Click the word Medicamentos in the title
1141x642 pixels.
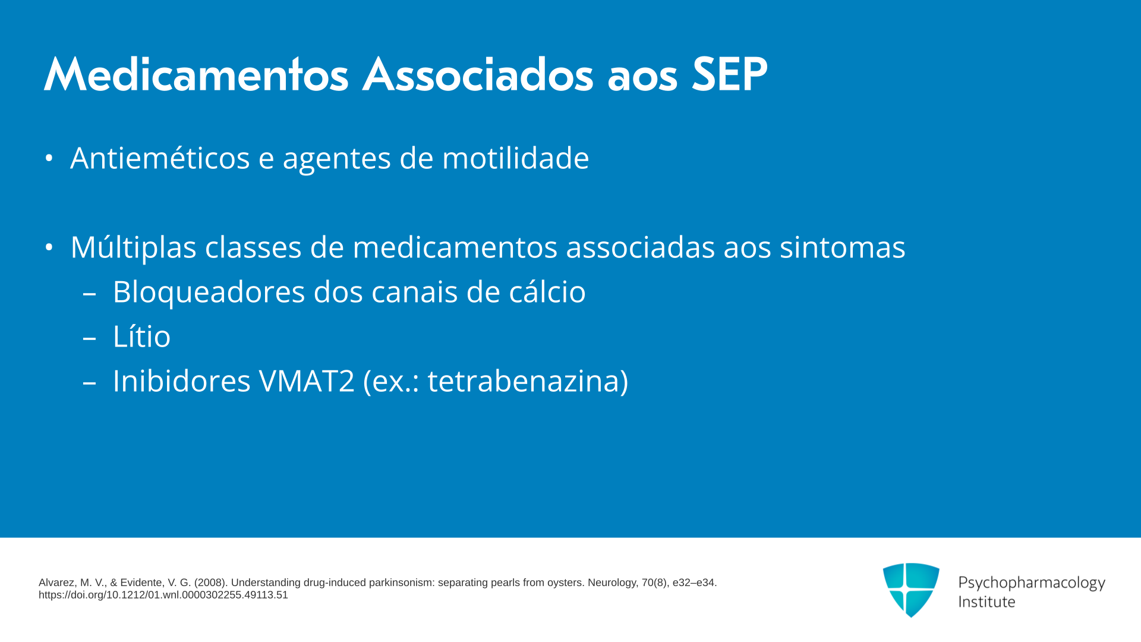pyautogui.click(x=196, y=75)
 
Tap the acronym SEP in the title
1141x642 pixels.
pyautogui.click(x=730, y=75)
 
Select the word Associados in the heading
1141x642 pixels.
pyautogui.click(x=478, y=75)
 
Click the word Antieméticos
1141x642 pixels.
pyautogui.click(x=160, y=158)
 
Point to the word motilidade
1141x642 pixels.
pyautogui.click(x=515, y=158)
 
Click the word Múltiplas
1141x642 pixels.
pyautogui.click(x=133, y=247)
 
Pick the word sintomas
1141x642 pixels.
pyautogui.click(x=842, y=247)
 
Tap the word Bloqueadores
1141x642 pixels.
pyautogui.click(x=209, y=292)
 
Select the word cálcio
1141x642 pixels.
pyautogui.click(x=547, y=292)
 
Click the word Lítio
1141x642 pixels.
pyautogui.click(x=141, y=336)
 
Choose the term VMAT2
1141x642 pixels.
pyautogui.click(x=307, y=381)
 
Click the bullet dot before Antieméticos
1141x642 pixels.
pyautogui.click(x=49, y=158)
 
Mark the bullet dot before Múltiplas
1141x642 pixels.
pyautogui.click(x=49, y=247)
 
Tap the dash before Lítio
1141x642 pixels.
pyautogui.click(x=90, y=338)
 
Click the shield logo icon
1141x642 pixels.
pyautogui.click(x=911, y=590)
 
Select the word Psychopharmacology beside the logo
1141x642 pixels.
pyautogui.click(x=1032, y=583)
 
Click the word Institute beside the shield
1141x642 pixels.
pyautogui.click(x=986, y=602)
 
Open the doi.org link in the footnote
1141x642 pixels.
pyautogui.click(x=163, y=595)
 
